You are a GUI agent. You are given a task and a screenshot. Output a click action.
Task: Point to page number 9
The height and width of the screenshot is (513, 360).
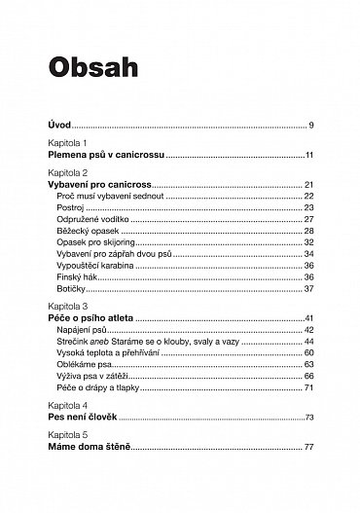[309, 126]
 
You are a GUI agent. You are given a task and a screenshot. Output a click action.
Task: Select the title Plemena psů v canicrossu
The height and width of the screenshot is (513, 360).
[106, 155]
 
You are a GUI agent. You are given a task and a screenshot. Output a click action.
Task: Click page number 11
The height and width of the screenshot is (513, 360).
[307, 155]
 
